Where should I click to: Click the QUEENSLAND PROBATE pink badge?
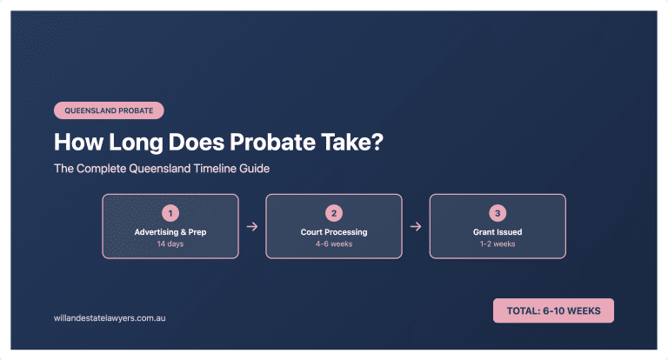[x=109, y=110]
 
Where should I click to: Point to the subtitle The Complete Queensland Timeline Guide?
[x=161, y=169]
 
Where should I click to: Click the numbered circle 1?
[x=170, y=213]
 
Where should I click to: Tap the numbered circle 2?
[x=334, y=213]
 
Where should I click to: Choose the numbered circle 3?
[x=498, y=213]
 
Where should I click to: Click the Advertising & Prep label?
[x=170, y=232]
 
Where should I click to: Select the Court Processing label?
[x=334, y=232]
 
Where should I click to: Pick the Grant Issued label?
[x=498, y=232]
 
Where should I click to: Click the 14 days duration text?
[x=170, y=244]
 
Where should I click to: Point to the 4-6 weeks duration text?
[x=334, y=244]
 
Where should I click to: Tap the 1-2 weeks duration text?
[x=498, y=244]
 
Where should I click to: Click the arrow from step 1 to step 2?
[x=252, y=226]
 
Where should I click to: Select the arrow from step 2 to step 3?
[x=416, y=226]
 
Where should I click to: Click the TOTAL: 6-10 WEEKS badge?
[x=553, y=310]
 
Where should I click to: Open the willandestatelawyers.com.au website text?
[x=110, y=318]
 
